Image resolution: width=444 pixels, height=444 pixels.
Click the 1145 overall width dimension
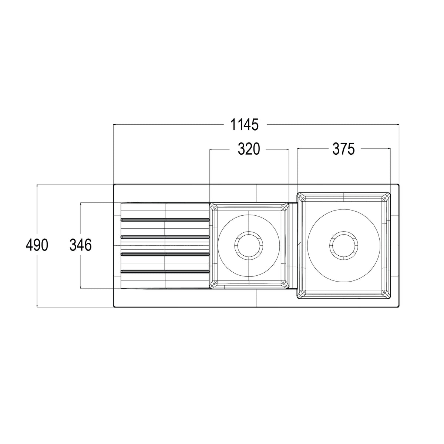(x=245, y=125)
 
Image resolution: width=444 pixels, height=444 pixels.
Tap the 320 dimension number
(x=249, y=149)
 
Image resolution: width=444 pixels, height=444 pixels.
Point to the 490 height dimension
(x=37, y=245)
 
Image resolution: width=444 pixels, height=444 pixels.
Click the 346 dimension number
(x=81, y=245)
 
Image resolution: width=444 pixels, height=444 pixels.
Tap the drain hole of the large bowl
(x=344, y=245)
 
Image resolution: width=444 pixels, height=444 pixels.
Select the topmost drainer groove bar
(x=165, y=220)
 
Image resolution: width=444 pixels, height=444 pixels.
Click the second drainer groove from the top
(x=165, y=237)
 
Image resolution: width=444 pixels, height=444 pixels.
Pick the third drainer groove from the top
(x=165, y=254)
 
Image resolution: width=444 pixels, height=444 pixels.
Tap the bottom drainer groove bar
(x=165, y=271)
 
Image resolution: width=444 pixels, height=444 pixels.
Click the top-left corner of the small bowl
(x=209, y=203)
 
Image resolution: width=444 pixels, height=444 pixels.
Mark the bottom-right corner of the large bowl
(x=390, y=299)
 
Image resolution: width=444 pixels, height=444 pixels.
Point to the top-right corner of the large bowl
(x=390, y=193)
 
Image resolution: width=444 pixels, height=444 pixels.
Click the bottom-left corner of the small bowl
(x=209, y=288)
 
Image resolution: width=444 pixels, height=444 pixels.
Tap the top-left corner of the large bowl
(x=297, y=193)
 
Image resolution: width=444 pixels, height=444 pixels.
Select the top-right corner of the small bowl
(x=289, y=203)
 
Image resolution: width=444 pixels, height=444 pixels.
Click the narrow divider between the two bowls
(x=293, y=246)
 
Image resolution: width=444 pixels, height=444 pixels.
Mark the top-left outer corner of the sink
(x=114, y=184)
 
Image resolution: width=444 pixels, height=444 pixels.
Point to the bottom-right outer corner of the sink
(x=399, y=307)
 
